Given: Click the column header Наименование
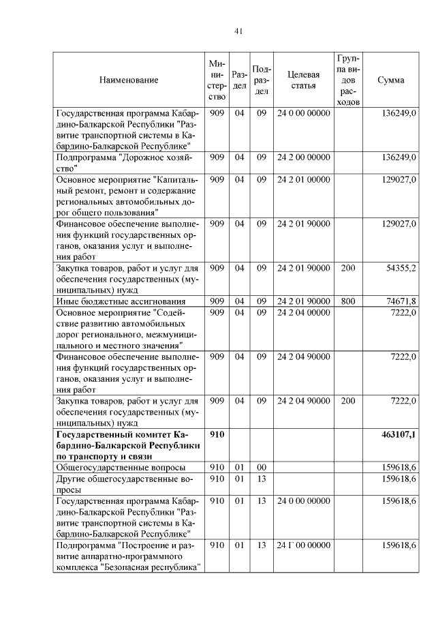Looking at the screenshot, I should tap(129, 80).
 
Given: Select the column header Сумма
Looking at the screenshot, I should tap(390, 80).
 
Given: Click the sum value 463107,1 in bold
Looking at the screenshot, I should tap(395, 434).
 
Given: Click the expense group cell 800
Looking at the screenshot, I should tap(347, 301).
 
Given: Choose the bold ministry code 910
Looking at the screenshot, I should tap(217, 434).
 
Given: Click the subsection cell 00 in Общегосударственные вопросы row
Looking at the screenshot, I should tap(261, 468).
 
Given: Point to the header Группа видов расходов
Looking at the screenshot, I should tap(347, 80).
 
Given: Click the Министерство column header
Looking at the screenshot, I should tap(217, 80).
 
